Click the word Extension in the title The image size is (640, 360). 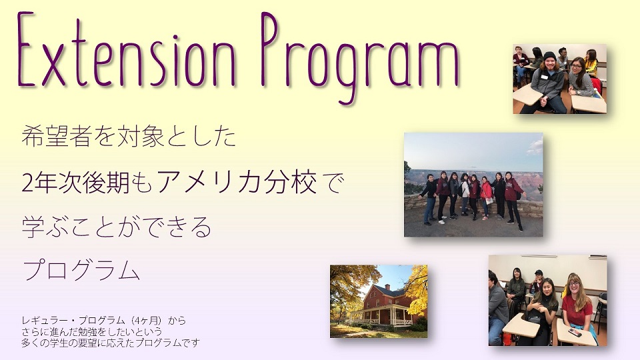pyautogui.click(x=127, y=52)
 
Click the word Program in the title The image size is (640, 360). pyautogui.click(x=360, y=58)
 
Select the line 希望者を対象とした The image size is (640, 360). pyautogui.click(x=129, y=136)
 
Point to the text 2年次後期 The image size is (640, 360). pyautogui.click(x=75, y=183)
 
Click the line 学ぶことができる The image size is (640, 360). pyautogui.click(x=117, y=227)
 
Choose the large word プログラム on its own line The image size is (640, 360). pyautogui.click(x=81, y=269)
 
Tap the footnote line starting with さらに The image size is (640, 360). pyautogui.click(x=92, y=331)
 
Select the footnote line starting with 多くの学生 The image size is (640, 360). pyautogui.click(x=111, y=343)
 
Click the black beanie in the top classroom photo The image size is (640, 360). pyautogui.click(x=549, y=56)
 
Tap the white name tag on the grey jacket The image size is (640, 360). pyautogui.click(x=545, y=77)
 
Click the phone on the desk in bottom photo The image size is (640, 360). pyautogui.click(x=575, y=332)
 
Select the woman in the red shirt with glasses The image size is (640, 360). pyautogui.click(x=577, y=306)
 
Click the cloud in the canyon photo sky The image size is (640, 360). pyautogui.click(x=535, y=148)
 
